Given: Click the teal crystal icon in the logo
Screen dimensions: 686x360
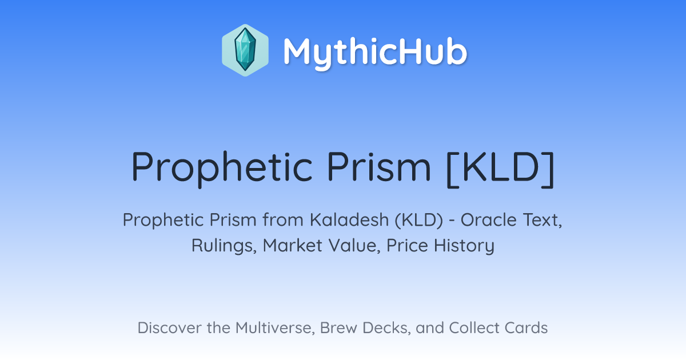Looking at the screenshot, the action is pyautogui.click(x=245, y=50).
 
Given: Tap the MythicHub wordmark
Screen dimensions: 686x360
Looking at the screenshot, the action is pyautogui.click(x=375, y=52).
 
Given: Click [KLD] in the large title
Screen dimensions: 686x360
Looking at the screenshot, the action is pyautogui.click(x=500, y=169).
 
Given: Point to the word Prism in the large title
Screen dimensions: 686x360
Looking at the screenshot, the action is pyautogui.click(x=379, y=167).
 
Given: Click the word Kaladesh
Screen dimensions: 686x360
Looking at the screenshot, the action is pyautogui.click(x=349, y=220).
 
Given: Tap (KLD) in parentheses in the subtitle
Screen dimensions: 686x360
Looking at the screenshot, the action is pyautogui.click(x=418, y=221).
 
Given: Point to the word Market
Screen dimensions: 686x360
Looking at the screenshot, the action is pyautogui.click(x=293, y=246).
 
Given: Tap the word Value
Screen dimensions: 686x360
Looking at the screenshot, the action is pyautogui.click(x=354, y=246).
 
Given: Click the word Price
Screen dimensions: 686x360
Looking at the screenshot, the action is pyautogui.click(x=407, y=246).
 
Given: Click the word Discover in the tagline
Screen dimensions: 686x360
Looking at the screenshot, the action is pyautogui.click(x=169, y=328).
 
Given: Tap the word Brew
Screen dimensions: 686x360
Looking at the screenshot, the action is pyautogui.click(x=338, y=328).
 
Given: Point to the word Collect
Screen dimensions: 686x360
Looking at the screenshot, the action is pyautogui.click(x=474, y=328).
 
